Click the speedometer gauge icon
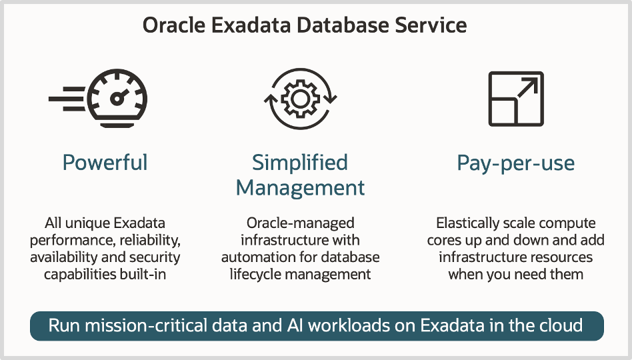coord(117,98)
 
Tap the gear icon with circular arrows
coord(300,99)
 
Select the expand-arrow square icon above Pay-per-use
coord(515,99)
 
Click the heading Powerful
coord(105,163)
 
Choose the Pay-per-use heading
coord(515,163)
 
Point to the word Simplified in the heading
coord(300,162)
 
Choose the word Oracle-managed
coord(300,223)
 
